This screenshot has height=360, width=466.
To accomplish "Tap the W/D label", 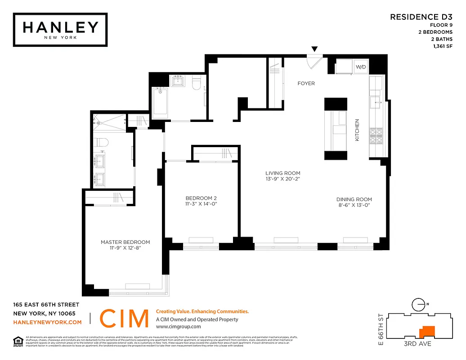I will [361, 67].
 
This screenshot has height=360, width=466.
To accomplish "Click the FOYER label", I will [306, 83].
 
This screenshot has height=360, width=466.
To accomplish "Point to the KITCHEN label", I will [358, 130].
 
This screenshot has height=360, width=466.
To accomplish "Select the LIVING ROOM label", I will [282, 173].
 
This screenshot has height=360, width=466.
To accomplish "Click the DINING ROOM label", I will [354, 199].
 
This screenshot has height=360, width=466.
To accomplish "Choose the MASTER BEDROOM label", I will [125, 242].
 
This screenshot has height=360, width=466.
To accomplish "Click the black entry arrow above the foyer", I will [315, 49].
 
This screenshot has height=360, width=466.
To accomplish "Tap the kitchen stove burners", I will [375, 135].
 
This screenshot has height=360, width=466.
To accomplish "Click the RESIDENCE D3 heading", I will [421, 17].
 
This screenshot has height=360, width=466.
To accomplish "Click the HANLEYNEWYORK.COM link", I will [48, 322].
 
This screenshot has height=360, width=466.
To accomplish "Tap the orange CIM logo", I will [124, 319].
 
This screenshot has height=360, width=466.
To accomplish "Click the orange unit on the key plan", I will [426, 332].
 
